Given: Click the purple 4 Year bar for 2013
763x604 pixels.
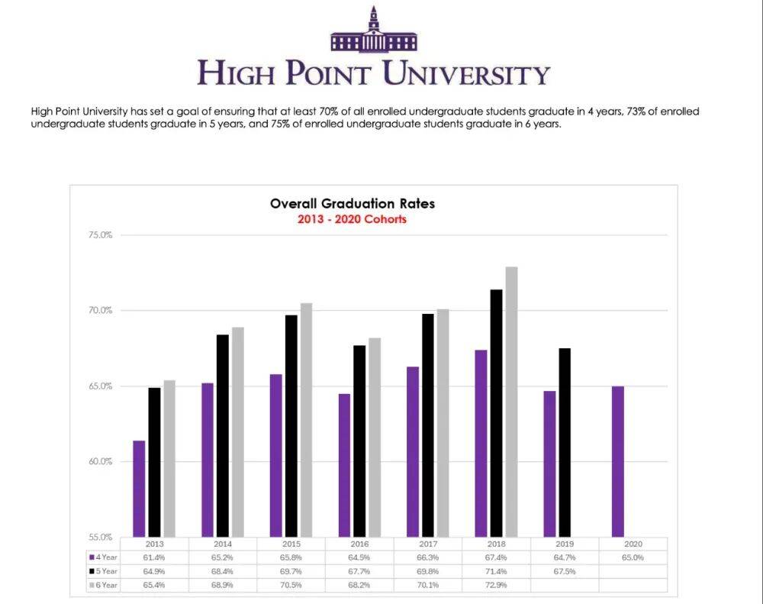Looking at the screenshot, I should (139, 489).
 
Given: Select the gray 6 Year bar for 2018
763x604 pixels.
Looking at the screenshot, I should (511, 402).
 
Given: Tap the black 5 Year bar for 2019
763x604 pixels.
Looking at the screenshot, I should (565, 443).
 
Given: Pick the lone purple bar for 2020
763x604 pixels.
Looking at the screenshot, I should (618, 461).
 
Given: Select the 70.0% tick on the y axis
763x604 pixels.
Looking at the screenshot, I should (101, 311).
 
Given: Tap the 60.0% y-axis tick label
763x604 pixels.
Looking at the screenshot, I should (101, 462).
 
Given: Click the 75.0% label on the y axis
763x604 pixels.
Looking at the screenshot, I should (101, 235).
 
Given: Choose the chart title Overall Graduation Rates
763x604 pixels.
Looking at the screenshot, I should (352, 204).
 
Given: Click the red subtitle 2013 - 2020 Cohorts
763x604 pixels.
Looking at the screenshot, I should (352, 219).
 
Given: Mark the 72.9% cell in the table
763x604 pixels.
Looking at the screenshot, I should (497, 585).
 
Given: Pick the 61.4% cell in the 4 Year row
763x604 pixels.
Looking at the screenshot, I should (155, 558).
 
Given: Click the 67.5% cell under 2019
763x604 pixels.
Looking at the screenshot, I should (565, 571).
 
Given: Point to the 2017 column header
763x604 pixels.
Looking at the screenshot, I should (428, 544).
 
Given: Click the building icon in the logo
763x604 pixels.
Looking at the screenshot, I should (373, 32).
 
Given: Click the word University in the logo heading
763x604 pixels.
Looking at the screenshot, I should (465, 74).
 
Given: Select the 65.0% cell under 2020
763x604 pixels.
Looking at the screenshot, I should (633, 558).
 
